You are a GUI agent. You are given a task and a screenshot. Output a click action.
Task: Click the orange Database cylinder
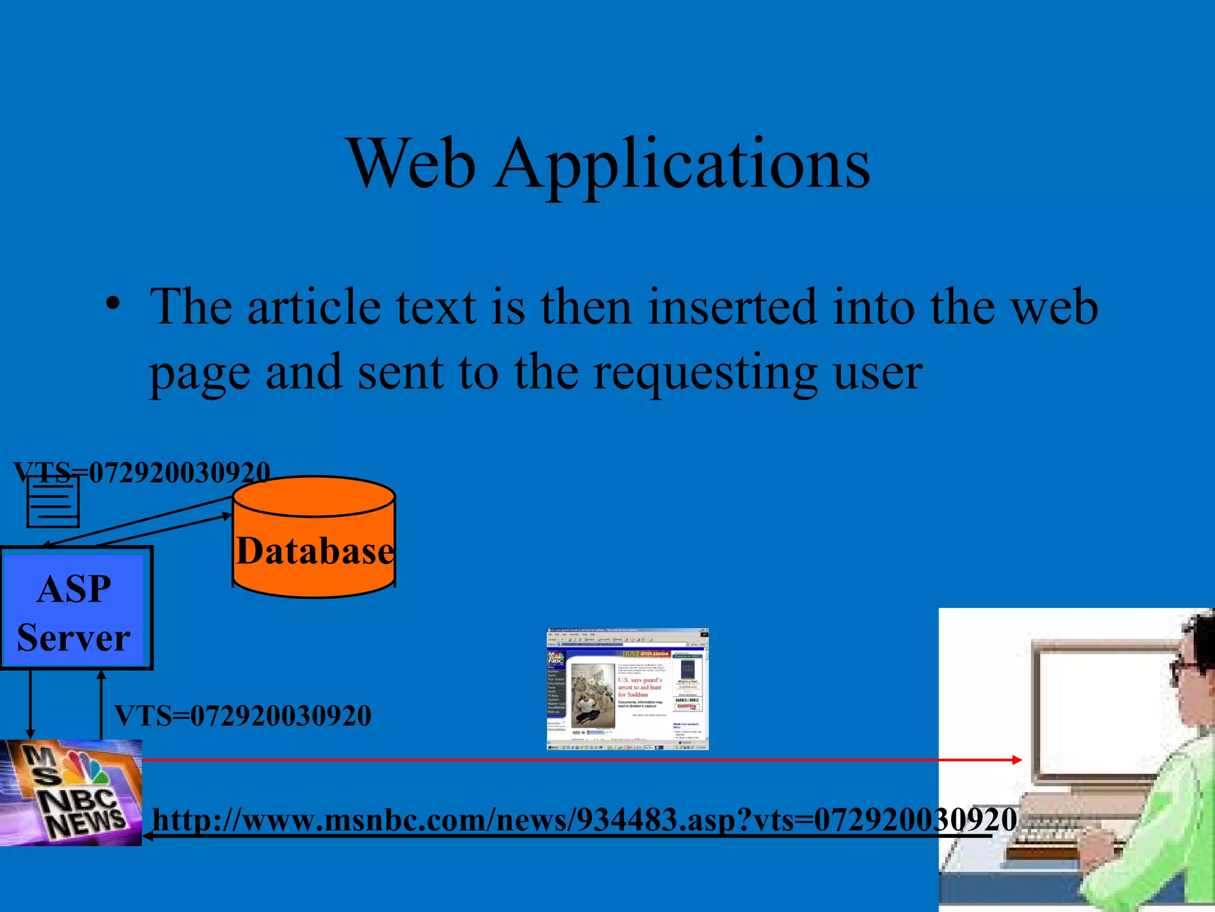tap(314, 537)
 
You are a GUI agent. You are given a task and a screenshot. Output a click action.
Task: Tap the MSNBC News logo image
tap(71, 793)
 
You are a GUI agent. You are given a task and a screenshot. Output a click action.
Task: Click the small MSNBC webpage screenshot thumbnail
tap(627, 689)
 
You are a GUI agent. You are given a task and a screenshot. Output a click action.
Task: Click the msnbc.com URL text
tap(584, 821)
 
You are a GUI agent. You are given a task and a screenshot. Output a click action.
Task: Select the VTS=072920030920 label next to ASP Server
tap(243, 716)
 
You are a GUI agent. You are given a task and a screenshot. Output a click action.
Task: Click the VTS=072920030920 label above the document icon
tap(142, 473)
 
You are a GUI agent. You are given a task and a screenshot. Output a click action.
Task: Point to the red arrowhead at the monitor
tap(1017, 759)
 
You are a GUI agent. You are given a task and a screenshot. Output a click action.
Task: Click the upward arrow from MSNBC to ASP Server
tap(101, 704)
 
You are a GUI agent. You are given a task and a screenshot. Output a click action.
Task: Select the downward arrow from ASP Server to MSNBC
tap(30, 704)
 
